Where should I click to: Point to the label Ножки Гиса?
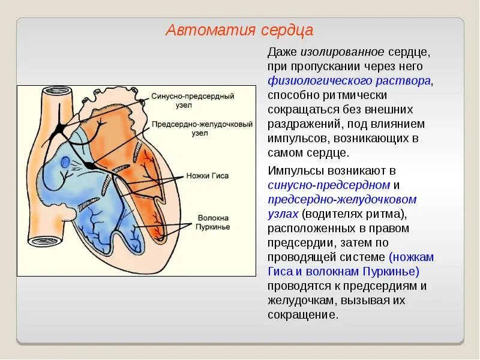coord(208,176)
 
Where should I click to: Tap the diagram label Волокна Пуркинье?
coord(211,221)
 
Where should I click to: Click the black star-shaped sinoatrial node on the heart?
coord(61,127)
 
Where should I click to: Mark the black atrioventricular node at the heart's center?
coord(89,164)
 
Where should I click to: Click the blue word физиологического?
coord(315,80)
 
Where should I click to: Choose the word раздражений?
coord(304,124)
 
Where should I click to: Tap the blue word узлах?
coord(283,214)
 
